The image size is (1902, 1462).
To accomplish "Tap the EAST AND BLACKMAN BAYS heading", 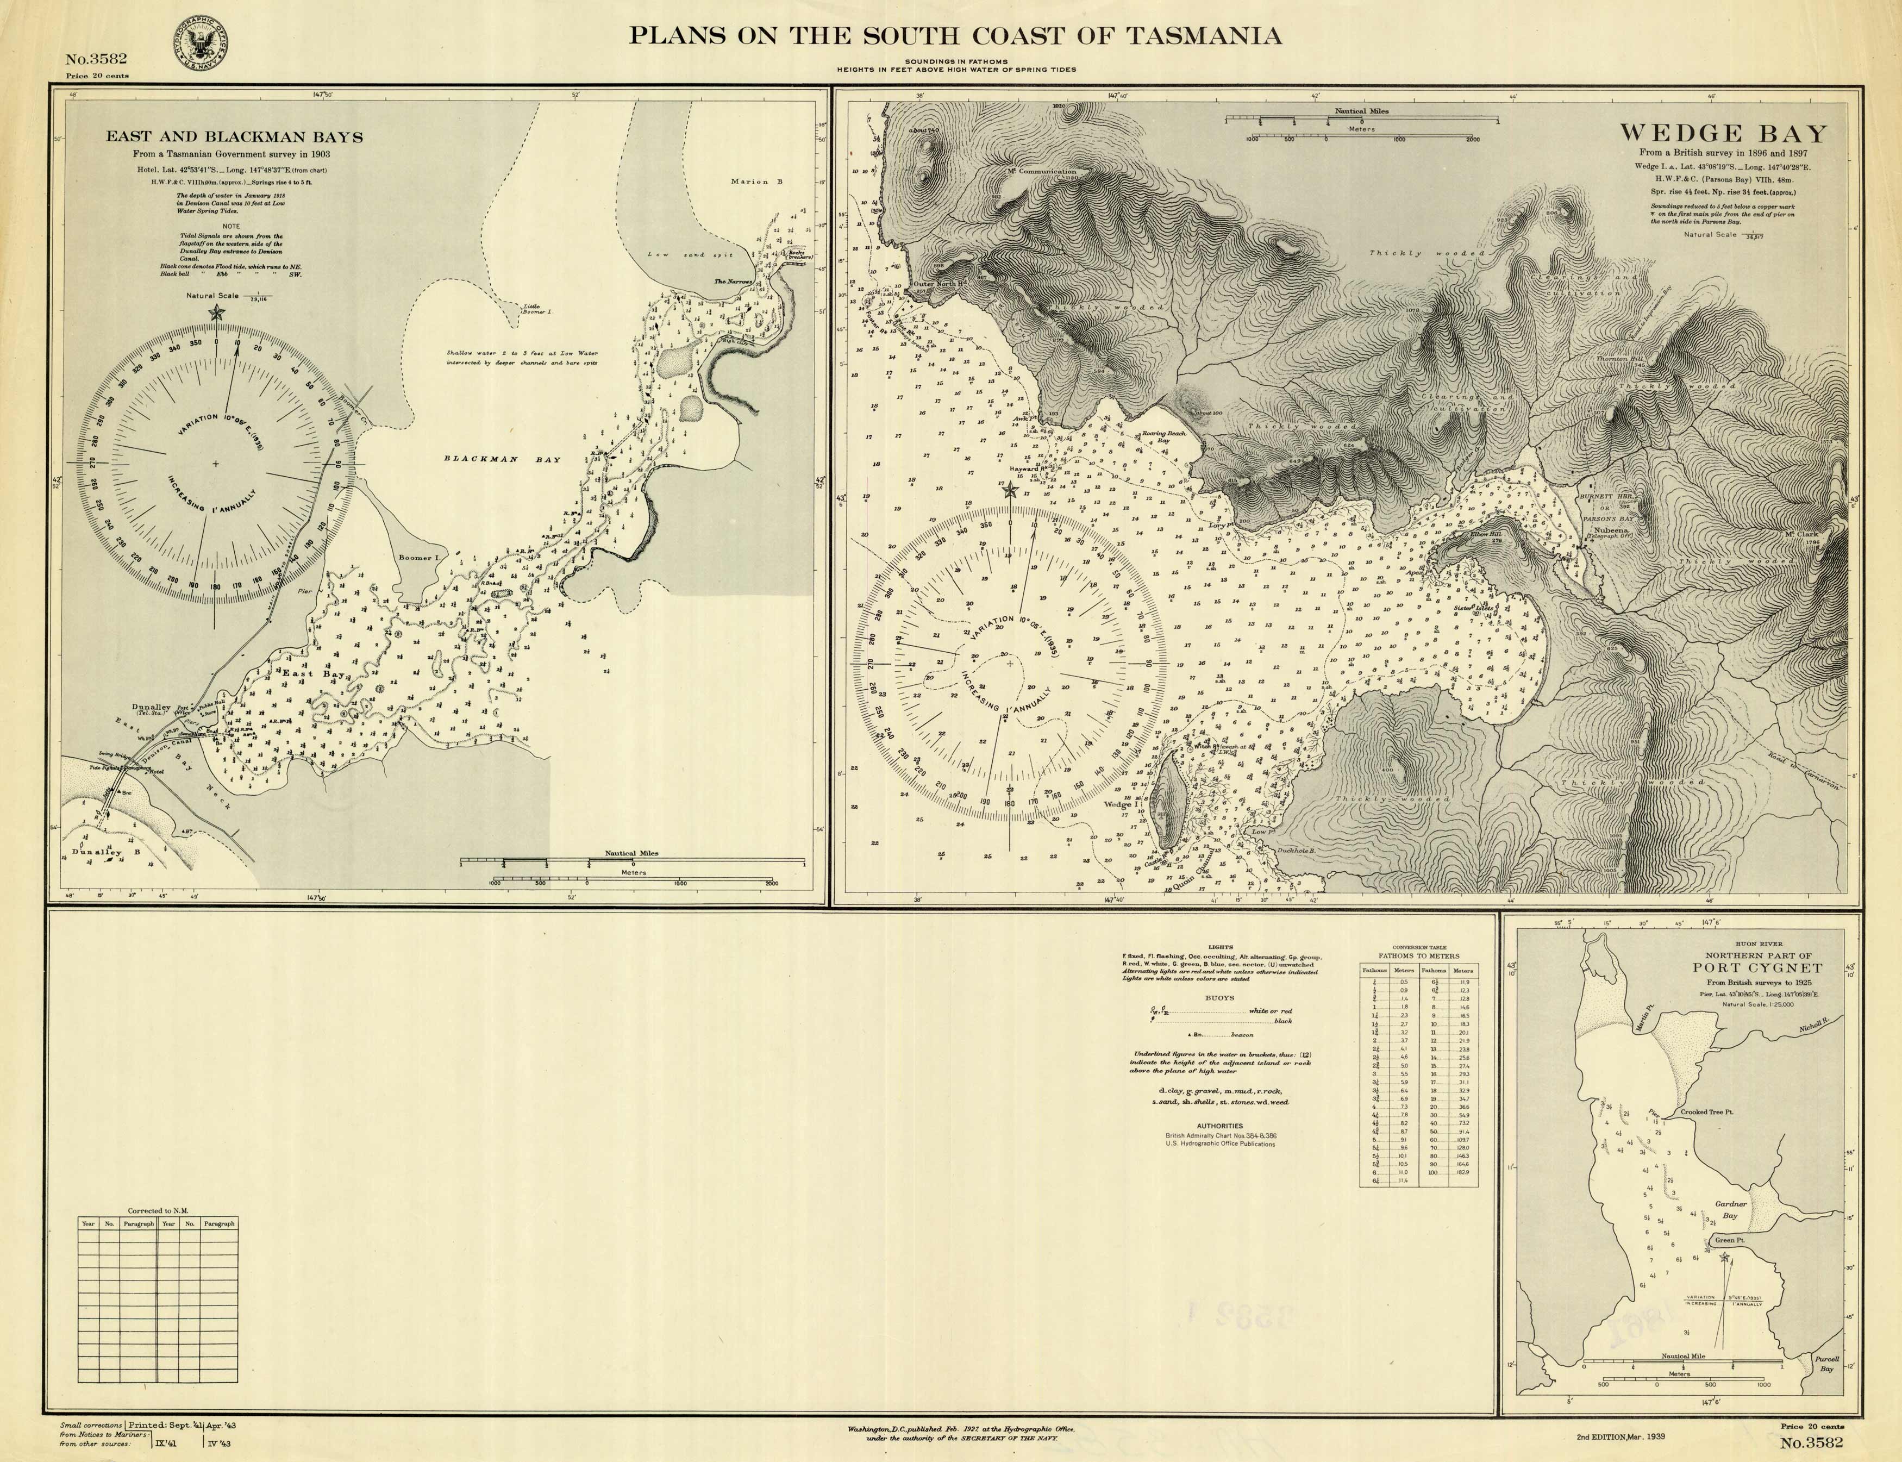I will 235,136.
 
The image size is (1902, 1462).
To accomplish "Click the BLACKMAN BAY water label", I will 503,459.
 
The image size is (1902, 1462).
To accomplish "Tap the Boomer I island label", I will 416,557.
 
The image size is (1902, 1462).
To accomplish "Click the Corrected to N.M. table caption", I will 158,1210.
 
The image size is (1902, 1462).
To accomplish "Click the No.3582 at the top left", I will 97,59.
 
